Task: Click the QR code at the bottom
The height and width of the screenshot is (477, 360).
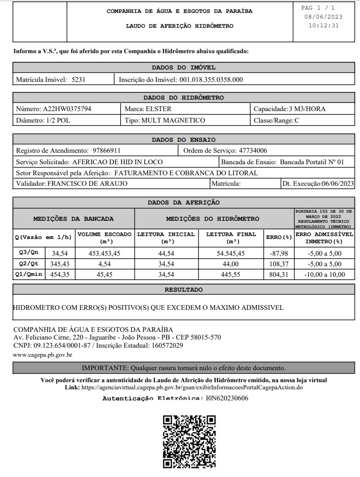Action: pyautogui.click(x=189, y=441)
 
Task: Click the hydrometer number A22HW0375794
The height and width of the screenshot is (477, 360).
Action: pyautogui.click(x=67, y=109)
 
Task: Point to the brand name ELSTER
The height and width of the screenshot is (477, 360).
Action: pyautogui.click(x=158, y=109)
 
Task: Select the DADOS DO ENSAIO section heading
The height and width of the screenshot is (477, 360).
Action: pyautogui.click(x=184, y=140)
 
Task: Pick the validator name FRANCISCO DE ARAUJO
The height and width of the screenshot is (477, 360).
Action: pyautogui.click(x=87, y=183)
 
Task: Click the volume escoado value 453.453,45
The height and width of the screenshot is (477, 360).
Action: pyautogui.click(x=104, y=253)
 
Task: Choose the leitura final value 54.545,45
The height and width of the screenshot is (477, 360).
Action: pyautogui.click(x=231, y=253)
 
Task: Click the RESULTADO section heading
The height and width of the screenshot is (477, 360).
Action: pyautogui.click(x=184, y=290)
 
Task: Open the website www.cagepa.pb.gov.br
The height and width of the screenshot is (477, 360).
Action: pyautogui.click(x=43, y=355)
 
